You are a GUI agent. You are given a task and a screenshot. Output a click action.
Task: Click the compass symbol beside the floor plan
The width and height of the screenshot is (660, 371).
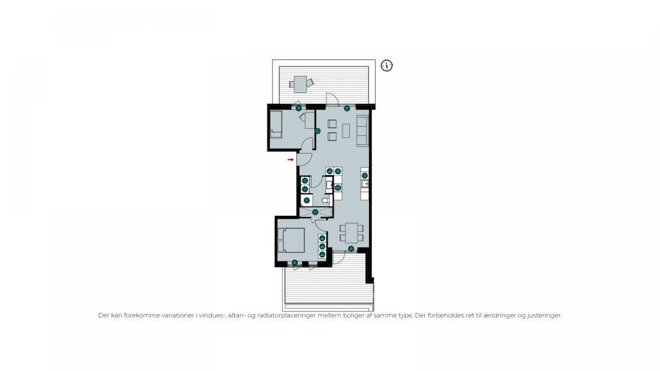click(386, 65)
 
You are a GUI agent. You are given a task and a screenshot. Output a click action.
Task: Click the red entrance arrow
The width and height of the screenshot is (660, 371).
click(290, 160)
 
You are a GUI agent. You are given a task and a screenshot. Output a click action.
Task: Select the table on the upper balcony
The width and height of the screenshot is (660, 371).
click(300, 84)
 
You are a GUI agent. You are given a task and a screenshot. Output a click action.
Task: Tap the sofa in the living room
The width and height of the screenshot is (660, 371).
click(362, 131)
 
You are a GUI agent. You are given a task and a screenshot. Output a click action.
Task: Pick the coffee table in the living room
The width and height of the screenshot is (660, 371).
click(346, 131)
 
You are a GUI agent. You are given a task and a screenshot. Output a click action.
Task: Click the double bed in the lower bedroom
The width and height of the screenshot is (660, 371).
click(291, 240)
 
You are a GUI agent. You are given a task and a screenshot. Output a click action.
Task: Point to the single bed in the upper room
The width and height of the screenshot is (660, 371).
click(276, 124)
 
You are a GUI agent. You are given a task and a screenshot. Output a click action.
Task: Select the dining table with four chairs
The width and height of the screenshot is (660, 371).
click(352, 233)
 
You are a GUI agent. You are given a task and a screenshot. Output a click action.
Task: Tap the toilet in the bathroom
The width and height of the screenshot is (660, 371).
click(325, 201)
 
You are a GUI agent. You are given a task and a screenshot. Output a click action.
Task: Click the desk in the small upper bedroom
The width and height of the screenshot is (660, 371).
click(310, 120)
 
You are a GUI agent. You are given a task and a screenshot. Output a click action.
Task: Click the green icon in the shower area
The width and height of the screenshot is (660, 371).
click(315, 212)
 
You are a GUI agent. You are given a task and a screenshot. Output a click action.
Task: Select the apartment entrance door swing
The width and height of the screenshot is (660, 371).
click(304, 159)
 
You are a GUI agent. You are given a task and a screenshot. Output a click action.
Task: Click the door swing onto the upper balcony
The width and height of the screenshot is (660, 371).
click(332, 99)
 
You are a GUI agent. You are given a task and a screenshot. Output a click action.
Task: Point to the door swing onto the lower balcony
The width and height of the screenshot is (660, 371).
click(339, 258)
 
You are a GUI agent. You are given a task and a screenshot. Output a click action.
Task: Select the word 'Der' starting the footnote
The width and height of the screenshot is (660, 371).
click(104, 315)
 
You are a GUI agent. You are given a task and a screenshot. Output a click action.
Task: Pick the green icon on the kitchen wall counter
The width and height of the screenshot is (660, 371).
click(365, 176)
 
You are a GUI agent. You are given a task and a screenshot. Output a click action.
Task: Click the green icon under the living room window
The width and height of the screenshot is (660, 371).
click(347, 108)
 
